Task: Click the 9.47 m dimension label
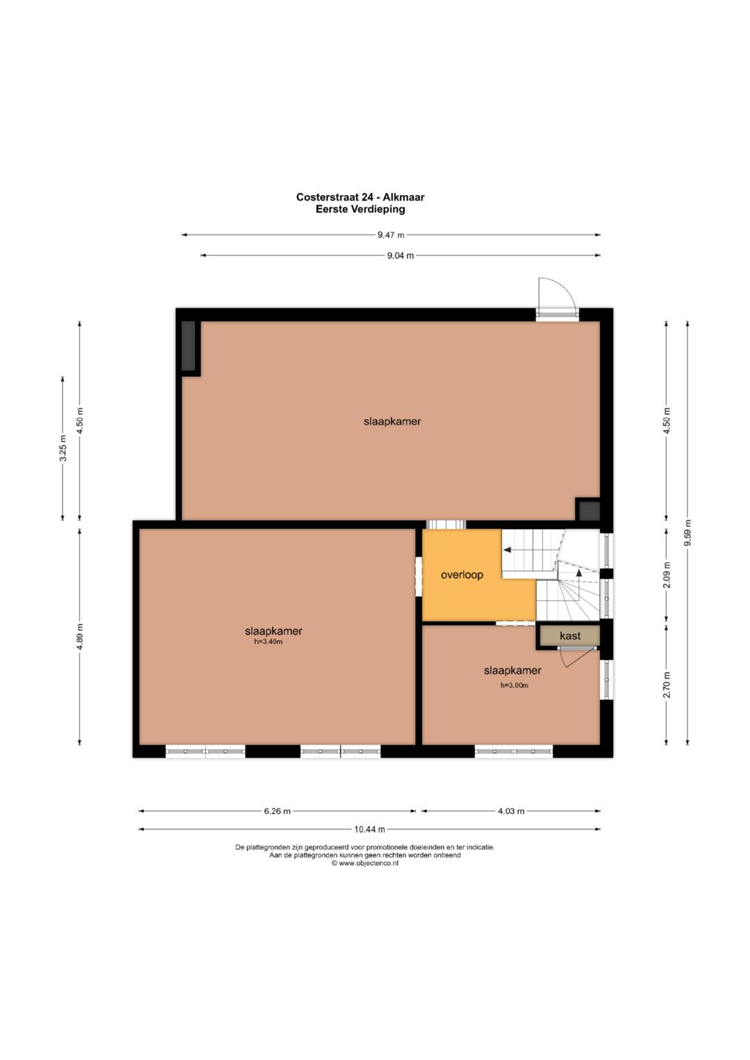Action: point(390,235)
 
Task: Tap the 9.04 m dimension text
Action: point(400,255)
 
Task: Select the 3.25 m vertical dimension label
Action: point(63,448)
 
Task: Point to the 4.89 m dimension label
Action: point(80,637)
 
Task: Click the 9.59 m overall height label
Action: point(687,533)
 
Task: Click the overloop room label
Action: point(462,575)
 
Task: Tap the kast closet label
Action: point(570,636)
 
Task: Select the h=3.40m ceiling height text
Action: point(268,642)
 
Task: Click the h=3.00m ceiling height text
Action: point(514,685)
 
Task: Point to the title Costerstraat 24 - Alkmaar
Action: point(360,197)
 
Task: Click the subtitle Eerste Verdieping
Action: point(360,209)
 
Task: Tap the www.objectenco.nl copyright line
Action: point(365,863)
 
